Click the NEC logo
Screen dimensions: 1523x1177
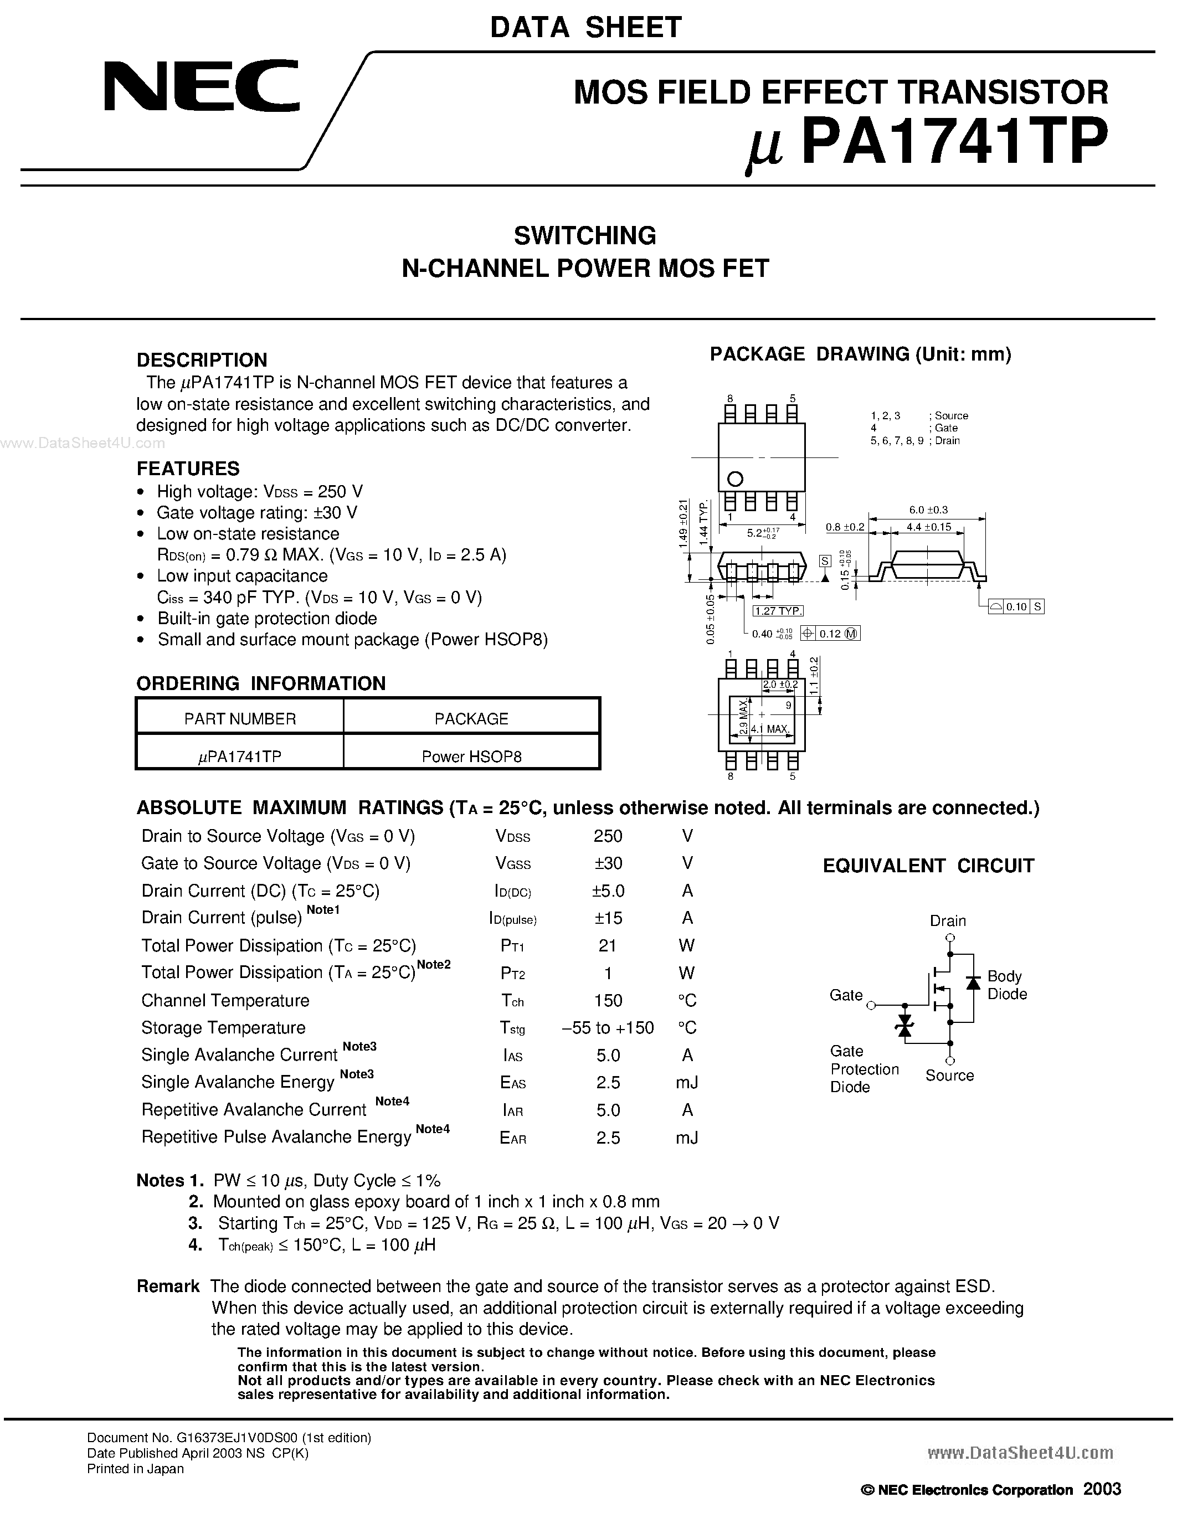(202, 86)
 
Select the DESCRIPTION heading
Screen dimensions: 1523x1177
(202, 360)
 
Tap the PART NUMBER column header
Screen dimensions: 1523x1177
(240, 718)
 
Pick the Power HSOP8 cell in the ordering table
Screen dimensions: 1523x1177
(471, 757)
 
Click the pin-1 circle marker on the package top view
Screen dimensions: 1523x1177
(735, 479)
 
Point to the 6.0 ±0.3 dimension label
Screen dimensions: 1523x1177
(928, 510)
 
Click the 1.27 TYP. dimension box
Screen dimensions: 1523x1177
(778, 611)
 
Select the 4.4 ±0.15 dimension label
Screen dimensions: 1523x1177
(929, 527)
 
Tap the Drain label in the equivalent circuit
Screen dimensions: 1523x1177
(948, 920)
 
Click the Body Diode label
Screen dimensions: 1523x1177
(1006, 985)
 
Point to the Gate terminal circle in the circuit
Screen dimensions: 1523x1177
(871, 1005)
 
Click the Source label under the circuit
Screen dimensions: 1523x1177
(949, 1076)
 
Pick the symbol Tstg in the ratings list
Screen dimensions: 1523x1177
(512, 1028)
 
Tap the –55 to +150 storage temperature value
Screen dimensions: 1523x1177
(607, 1028)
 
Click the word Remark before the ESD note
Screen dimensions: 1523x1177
(168, 1286)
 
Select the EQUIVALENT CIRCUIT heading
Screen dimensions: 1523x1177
(928, 866)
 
